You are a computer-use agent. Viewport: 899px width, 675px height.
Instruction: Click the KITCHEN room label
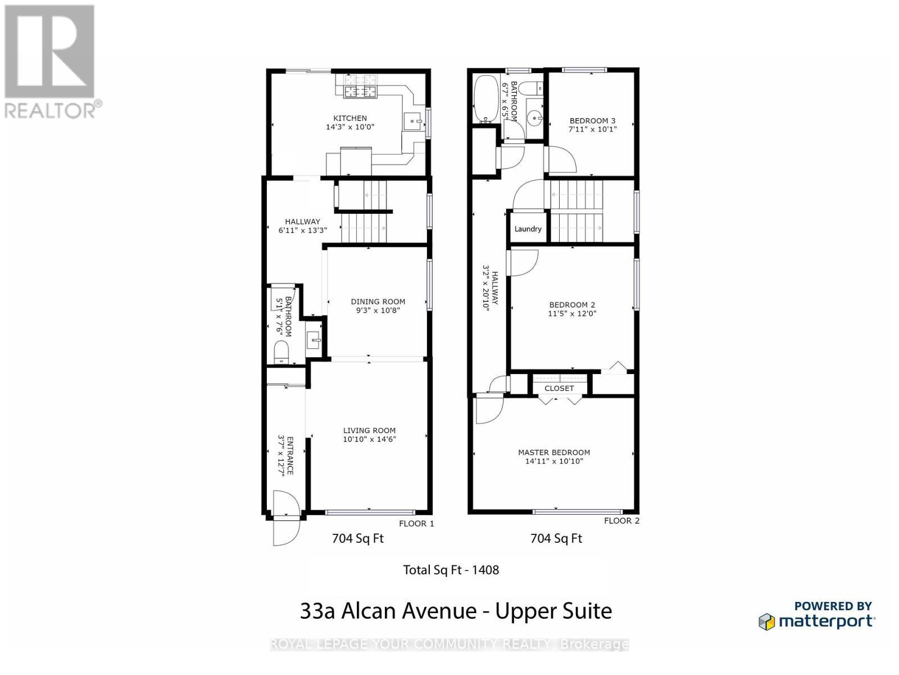pyautogui.click(x=350, y=118)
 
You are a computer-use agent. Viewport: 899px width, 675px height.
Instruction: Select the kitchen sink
pyautogui.click(x=413, y=120)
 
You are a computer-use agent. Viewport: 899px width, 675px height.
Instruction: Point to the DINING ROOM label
pyautogui.click(x=378, y=301)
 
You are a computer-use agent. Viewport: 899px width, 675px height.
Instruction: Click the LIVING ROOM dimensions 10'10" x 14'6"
pyautogui.click(x=369, y=439)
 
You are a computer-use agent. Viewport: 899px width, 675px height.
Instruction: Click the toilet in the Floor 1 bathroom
pyautogui.click(x=281, y=353)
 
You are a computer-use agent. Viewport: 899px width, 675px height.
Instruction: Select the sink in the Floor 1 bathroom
pyautogui.click(x=314, y=339)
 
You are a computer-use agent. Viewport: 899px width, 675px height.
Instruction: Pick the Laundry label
pyautogui.click(x=528, y=229)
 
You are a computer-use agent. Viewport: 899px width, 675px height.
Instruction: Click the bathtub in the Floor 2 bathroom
pyautogui.click(x=485, y=100)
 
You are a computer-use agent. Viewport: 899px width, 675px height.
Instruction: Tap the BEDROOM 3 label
pyautogui.click(x=592, y=120)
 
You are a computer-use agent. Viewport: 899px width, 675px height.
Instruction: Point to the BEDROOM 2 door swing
pyautogui.click(x=523, y=263)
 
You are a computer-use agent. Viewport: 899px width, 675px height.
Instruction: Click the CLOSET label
pyautogui.click(x=559, y=388)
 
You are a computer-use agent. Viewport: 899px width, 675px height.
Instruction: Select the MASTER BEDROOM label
pyautogui.click(x=553, y=452)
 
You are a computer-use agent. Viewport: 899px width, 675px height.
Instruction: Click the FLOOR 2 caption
pyautogui.click(x=621, y=521)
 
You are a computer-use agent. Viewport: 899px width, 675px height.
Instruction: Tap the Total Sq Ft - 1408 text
pyautogui.click(x=451, y=570)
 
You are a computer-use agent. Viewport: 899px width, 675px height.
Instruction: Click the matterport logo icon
pyautogui.click(x=766, y=622)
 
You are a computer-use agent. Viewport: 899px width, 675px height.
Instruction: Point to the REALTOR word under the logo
pyautogui.click(x=50, y=110)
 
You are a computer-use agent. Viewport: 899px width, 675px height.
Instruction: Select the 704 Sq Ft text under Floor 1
pyautogui.click(x=357, y=538)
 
